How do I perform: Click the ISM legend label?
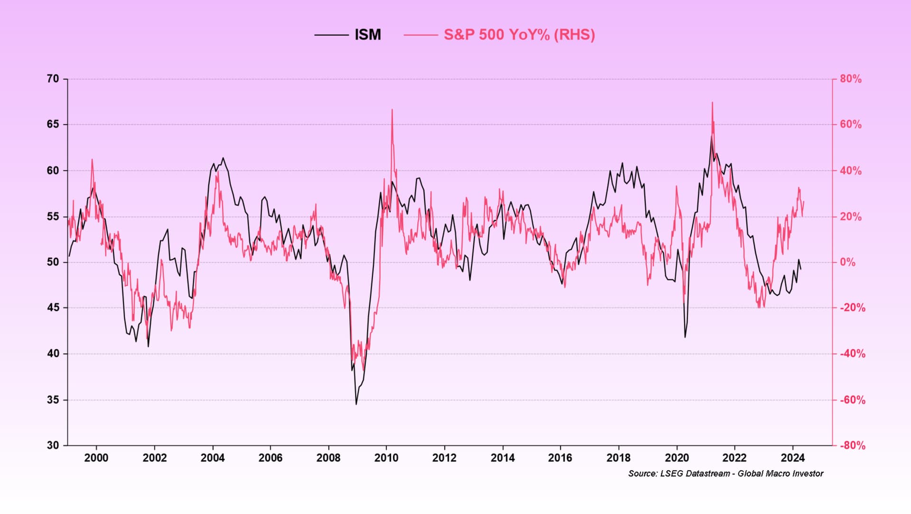click(368, 35)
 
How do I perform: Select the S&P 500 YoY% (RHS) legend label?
click(519, 35)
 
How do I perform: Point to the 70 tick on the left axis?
click(53, 79)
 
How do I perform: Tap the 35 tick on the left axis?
click(53, 400)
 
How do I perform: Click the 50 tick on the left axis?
click(53, 262)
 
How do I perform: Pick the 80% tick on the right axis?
click(850, 79)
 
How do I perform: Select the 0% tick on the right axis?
click(847, 262)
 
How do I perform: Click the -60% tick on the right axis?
click(852, 400)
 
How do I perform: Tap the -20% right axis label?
click(852, 308)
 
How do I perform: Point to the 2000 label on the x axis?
click(96, 458)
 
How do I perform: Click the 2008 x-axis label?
click(328, 458)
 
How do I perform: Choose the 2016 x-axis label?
click(560, 458)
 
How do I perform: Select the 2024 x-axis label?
click(792, 458)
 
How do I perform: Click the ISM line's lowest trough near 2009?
click(356, 404)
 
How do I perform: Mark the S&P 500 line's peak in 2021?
click(712, 103)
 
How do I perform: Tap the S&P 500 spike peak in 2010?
click(392, 110)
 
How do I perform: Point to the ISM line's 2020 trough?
click(685, 337)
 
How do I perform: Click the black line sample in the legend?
click(331, 35)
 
